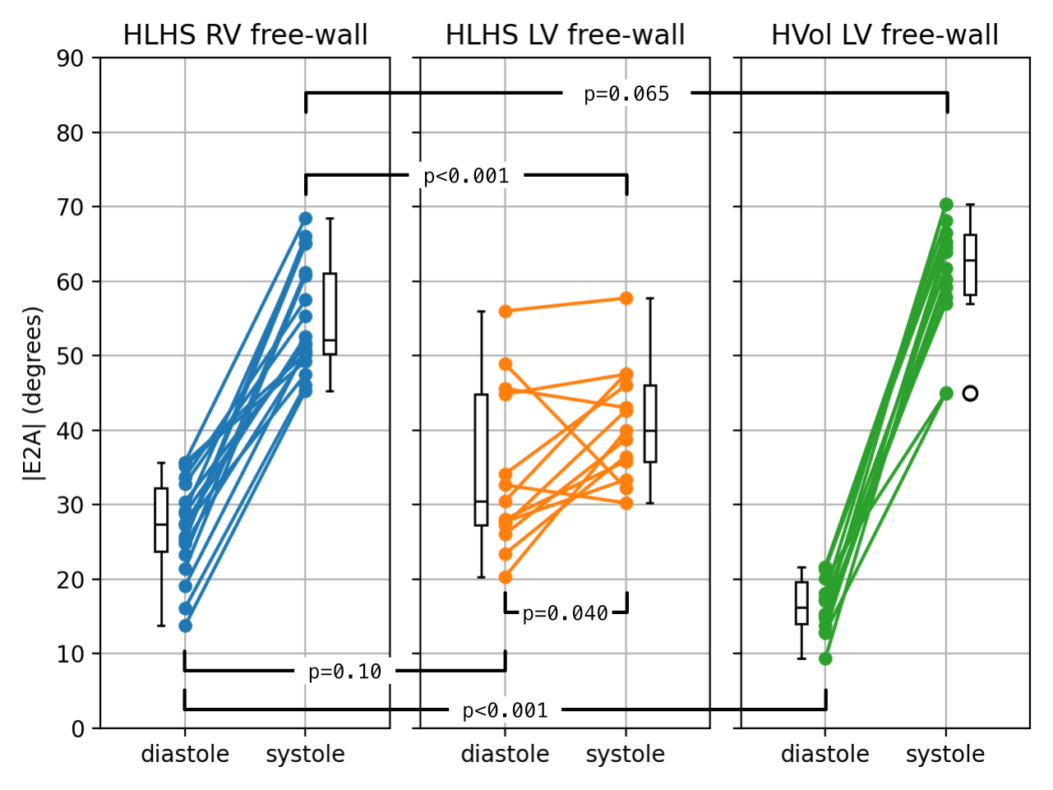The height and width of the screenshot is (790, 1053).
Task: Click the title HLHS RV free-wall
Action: click(245, 35)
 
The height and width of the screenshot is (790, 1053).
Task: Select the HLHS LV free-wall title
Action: click(565, 35)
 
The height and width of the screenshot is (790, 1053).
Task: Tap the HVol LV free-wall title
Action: click(884, 35)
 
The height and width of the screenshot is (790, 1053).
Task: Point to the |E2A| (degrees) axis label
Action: click(33, 393)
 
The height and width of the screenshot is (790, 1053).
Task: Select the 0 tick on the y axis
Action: click(77, 728)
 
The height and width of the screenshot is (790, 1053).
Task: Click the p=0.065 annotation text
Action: click(626, 95)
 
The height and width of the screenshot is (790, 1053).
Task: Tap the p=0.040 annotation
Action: click(566, 613)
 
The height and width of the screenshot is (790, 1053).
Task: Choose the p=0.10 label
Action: click(344, 672)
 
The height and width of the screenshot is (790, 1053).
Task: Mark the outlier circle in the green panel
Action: click(970, 394)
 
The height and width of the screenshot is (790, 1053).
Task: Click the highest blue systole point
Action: click(305, 219)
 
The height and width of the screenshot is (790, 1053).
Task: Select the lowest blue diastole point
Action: click(185, 626)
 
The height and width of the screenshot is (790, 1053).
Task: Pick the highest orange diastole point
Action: click(506, 312)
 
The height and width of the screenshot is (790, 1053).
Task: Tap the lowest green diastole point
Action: click(825, 658)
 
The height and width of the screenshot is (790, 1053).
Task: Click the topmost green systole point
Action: click(946, 205)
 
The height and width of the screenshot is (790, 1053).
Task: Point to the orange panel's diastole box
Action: click(482, 460)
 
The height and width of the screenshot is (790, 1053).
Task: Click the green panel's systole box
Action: click(970, 265)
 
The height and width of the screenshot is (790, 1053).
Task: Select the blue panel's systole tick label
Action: click(305, 755)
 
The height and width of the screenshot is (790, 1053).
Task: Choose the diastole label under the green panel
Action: click(824, 755)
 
